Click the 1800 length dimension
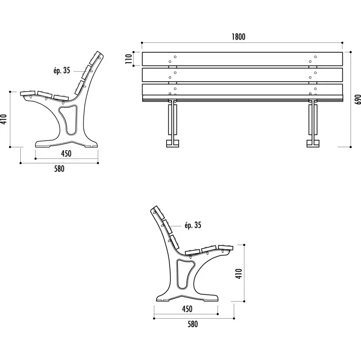(238, 37)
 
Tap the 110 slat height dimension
(129, 59)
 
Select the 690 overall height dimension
(357, 99)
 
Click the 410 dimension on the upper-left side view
(3, 119)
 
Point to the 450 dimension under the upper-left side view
(66, 153)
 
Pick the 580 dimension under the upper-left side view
(59, 169)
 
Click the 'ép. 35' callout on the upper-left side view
(62, 70)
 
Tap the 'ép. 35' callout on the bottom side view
(193, 225)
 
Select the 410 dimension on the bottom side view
(239, 274)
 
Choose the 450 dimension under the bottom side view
(187, 309)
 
